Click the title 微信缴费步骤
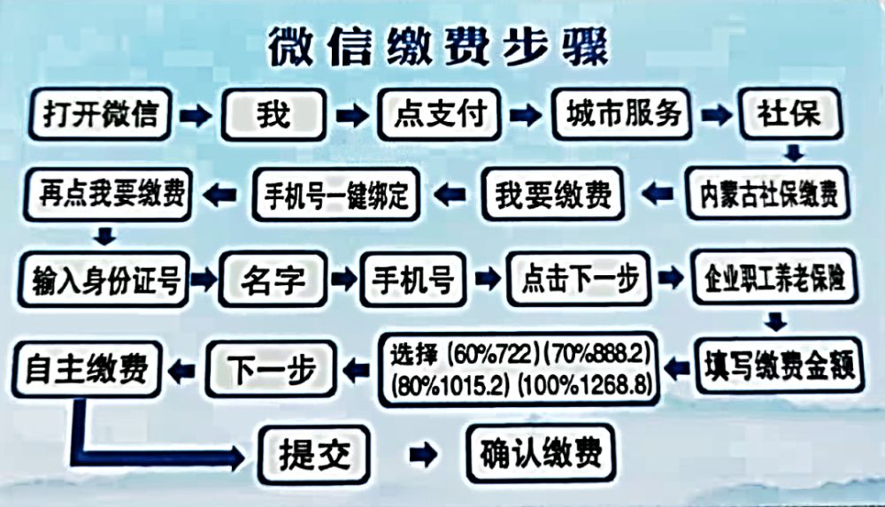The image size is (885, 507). (x=438, y=47)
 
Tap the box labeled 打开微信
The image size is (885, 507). (x=100, y=114)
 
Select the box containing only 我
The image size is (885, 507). (x=273, y=115)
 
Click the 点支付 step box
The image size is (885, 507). (x=439, y=115)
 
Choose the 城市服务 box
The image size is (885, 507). (x=622, y=114)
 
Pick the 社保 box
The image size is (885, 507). (x=790, y=114)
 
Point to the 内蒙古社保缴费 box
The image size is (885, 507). (x=768, y=193)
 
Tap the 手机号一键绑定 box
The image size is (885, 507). (x=335, y=195)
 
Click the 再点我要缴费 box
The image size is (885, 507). (x=108, y=195)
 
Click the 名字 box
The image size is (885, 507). (x=273, y=280)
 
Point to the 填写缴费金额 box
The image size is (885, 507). (x=780, y=365)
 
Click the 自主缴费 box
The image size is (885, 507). (x=87, y=370)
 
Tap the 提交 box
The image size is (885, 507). (x=314, y=456)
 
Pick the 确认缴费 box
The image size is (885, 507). (x=541, y=454)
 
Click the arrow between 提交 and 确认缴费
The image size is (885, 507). (x=423, y=455)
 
